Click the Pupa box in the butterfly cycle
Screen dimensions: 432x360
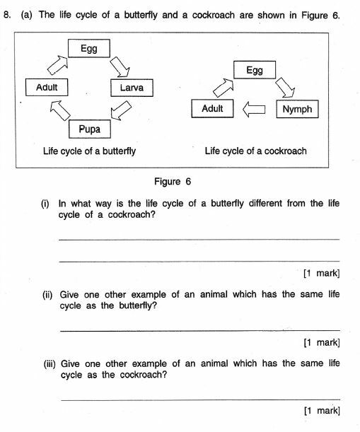pyautogui.click(x=90, y=129)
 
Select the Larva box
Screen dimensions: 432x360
pyautogui.click(x=132, y=88)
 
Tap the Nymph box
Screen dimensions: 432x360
pyautogui.click(x=297, y=109)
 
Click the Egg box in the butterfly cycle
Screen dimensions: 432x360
pyautogui.click(x=88, y=48)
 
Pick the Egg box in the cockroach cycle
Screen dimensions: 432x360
pyautogui.click(x=255, y=70)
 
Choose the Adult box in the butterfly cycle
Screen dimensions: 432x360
pyautogui.click(x=46, y=88)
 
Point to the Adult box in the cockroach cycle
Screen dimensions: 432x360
pyautogui.click(x=212, y=109)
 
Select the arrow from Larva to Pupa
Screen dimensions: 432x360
pyautogui.click(x=122, y=110)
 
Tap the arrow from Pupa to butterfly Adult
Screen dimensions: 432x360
pyautogui.click(x=57, y=109)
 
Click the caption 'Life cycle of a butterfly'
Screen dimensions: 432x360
pyautogui.click(x=89, y=151)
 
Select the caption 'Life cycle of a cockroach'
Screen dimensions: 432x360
pyautogui.click(x=255, y=151)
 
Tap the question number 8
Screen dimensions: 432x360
pyautogui.click(x=8, y=13)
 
